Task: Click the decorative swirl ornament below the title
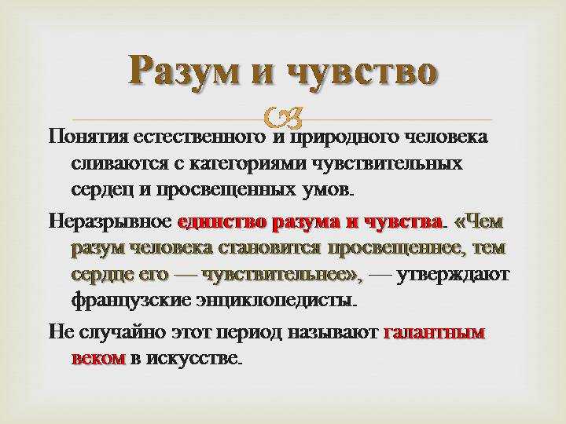tap(283, 118)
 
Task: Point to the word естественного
tap(200, 137)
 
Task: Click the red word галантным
tap(433, 332)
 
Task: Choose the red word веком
tap(99, 358)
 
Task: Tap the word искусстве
tap(193, 359)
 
